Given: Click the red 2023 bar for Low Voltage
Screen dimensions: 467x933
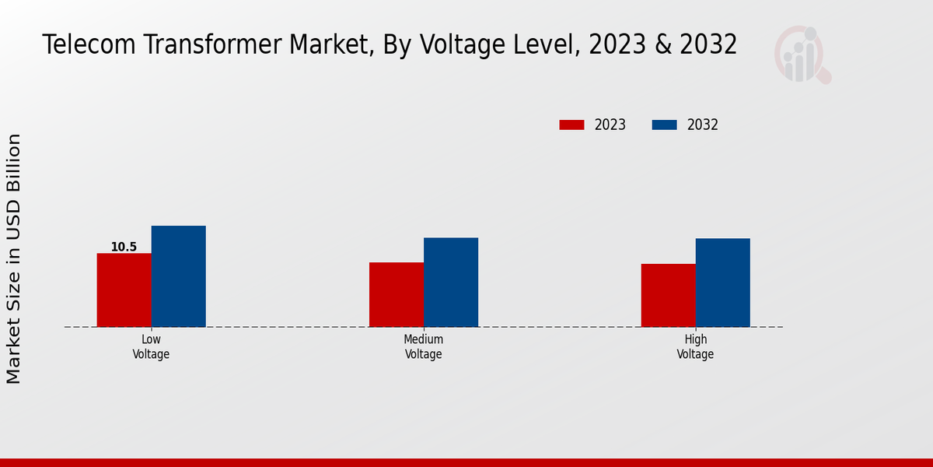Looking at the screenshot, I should [x=124, y=290].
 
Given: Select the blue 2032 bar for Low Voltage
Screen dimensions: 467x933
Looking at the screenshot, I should [x=179, y=276].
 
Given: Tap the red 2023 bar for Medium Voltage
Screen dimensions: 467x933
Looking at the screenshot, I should [x=397, y=294].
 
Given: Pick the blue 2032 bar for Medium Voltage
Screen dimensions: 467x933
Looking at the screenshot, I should [x=451, y=282].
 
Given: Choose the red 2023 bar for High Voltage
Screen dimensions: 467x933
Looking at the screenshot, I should [x=668, y=295].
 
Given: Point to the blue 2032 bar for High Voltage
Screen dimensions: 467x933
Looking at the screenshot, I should [x=723, y=283].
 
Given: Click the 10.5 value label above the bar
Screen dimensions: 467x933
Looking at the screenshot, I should [x=124, y=248].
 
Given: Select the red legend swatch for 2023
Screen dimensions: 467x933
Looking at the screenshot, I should [x=571, y=125].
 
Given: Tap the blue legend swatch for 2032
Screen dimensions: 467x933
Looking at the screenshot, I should [x=664, y=125].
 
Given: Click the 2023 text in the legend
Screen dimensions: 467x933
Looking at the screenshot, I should [x=610, y=125].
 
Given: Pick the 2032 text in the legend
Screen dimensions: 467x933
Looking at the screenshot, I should [x=703, y=125].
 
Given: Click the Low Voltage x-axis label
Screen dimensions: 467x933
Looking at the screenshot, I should [x=151, y=346].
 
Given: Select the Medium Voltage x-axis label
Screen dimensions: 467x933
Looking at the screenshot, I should [x=424, y=346].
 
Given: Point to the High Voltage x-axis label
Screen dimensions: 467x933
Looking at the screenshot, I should [x=695, y=346].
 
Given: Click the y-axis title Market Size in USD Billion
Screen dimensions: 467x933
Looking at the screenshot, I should [x=14, y=258].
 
